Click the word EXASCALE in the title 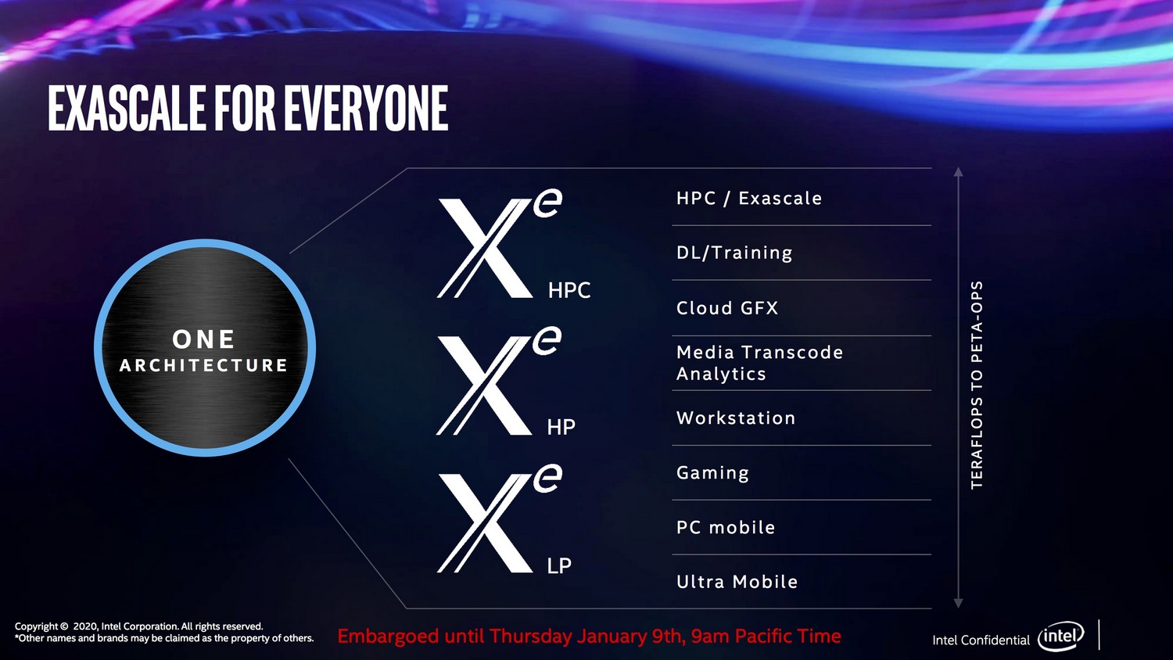pyautogui.click(x=126, y=108)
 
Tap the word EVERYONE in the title pyautogui.click(x=366, y=108)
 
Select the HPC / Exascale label pyautogui.click(x=749, y=199)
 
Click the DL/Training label pyautogui.click(x=734, y=253)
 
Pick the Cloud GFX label pyautogui.click(x=726, y=308)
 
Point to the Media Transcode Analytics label pyautogui.click(x=759, y=363)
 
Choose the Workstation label pyautogui.click(x=736, y=418)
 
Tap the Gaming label pyautogui.click(x=712, y=473)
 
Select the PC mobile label pyautogui.click(x=725, y=528)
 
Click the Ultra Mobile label pyautogui.click(x=737, y=582)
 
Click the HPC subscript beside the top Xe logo pyautogui.click(x=569, y=290)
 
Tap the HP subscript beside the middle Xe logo pyautogui.click(x=561, y=428)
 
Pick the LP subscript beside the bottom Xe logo pyautogui.click(x=559, y=565)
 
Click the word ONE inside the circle pyautogui.click(x=203, y=339)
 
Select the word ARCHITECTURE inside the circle pyautogui.click(x=203, y=366)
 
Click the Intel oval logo pyautogui.click(x=1061, y=637)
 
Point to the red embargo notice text pyautogui.click(x=589, y=636)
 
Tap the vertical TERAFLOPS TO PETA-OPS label pyautogui.click(x=977, y=385)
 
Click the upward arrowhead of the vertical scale pyautogui.click(x=958, y=171)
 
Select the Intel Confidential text pyautogui.click(x=981, y=640)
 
